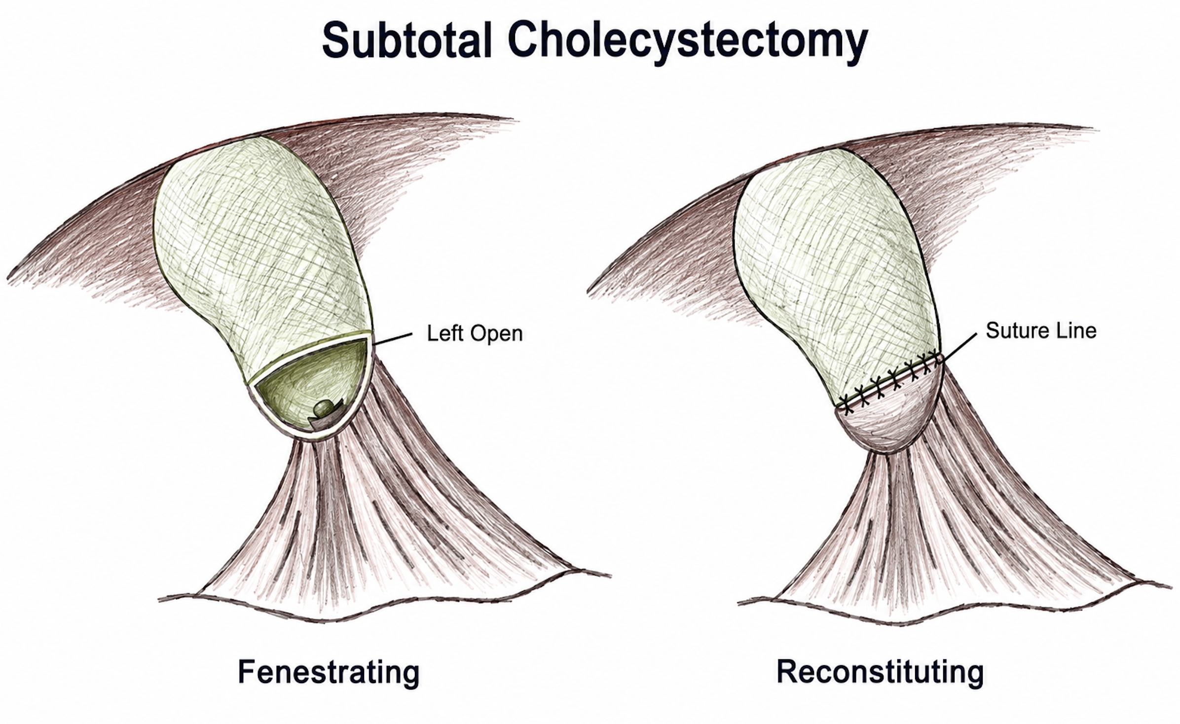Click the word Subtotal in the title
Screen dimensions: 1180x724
click(x=408, y=40)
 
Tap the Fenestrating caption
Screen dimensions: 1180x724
click(x=329, y=672)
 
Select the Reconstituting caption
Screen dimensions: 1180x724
click(x=880, y=672)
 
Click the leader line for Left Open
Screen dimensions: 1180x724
click(x=393, y=339)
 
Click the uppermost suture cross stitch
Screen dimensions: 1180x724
click(x=932, y=355)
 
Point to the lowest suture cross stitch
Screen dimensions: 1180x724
click(x=847, y=405)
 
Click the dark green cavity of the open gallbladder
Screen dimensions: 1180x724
click(x=311, y=385)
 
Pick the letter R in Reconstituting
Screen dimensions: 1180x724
click(x=788, y=671)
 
